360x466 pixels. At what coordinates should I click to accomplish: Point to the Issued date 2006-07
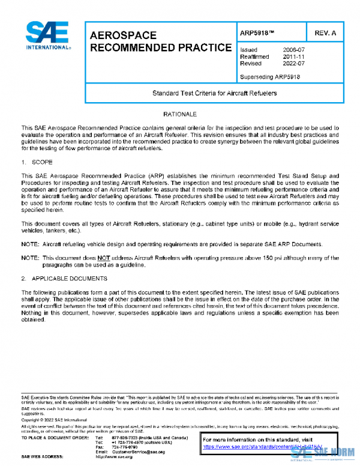click(x=293, y=49)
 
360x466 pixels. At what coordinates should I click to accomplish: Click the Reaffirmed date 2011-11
click(x=293, y=56)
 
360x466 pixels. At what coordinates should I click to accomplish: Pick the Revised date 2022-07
click(x=293, y=63)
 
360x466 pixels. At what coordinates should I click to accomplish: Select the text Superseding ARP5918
click(x=269, y=77)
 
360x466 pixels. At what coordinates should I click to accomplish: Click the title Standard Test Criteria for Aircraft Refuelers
click(x=214, y=94)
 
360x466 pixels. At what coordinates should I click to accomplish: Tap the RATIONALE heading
click(x=180, y=114)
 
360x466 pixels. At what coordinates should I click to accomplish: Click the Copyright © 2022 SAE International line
click(x=54, y=420)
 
